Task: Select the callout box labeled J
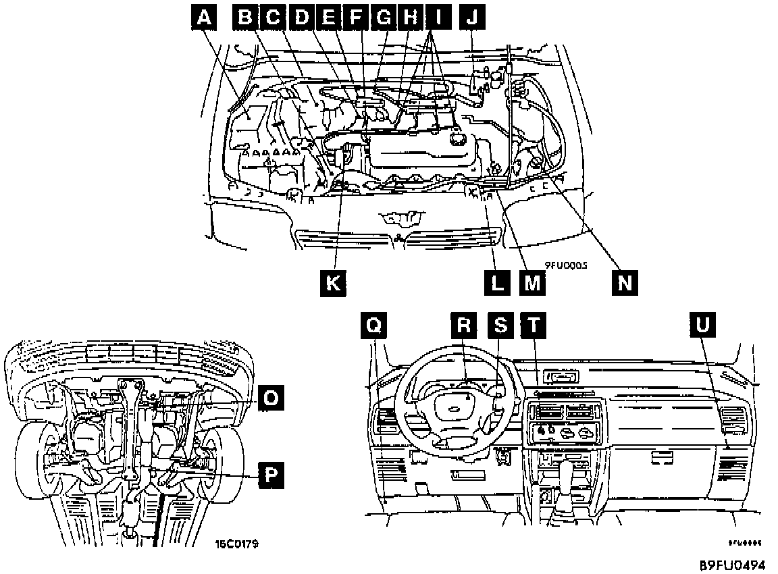tap(471, 18)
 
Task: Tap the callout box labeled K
tap(333, 283)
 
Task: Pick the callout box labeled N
tap(625, 283)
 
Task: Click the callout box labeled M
tap(531, 283)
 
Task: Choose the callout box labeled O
tap(270, 398)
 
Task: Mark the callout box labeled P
tap(270, 477)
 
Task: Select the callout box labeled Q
tap(374, 326)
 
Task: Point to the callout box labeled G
tap(384, 18)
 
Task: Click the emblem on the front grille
tap(402, 217)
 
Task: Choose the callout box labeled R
tap(463, 326)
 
